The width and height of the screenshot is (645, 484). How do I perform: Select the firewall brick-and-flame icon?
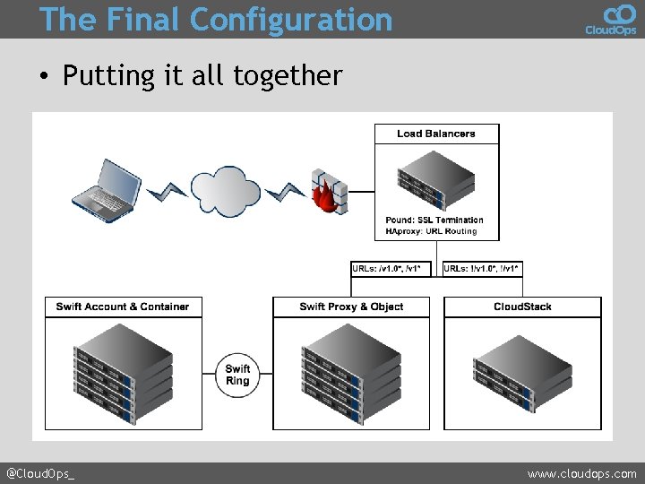coord(329,191)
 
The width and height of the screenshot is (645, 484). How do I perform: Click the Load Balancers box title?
coord(436,134)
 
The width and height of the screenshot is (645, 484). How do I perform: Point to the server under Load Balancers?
coord(436,177)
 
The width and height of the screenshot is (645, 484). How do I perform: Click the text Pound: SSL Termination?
coord(434,220)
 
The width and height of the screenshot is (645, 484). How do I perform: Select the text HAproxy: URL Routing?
coord(431,231)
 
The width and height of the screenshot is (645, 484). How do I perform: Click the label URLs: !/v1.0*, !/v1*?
coord(482,268)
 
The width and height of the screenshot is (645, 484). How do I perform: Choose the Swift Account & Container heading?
coord(123,307)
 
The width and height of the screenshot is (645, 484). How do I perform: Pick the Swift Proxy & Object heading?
coord(351,307)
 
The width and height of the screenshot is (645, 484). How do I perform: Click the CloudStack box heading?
coord(522,307)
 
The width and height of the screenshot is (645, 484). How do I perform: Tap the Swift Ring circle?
coord(237,375)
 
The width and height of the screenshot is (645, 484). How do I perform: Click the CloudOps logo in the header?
coord(610,19)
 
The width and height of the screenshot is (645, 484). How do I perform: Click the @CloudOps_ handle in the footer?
coord(40,473)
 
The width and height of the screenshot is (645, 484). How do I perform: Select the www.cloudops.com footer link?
coord(581,473)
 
